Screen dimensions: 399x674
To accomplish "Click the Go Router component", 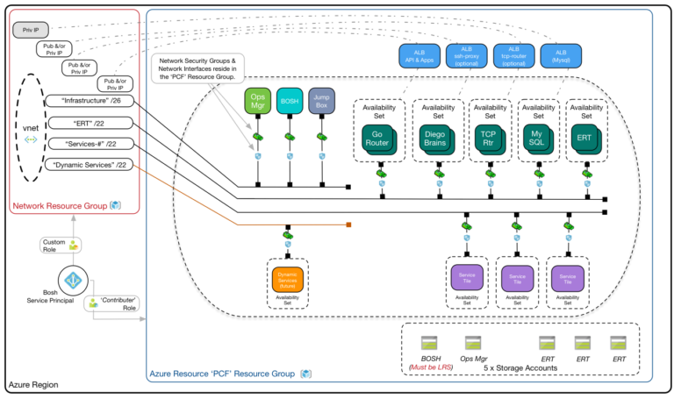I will (377, 138).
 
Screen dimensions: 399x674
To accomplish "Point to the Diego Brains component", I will (434, 138).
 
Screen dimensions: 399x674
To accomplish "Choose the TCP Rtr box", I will (487, 138).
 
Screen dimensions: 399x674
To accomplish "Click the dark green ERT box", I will (584, 138).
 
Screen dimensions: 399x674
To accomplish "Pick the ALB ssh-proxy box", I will (466, 57).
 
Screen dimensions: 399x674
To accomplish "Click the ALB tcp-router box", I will (513, 57).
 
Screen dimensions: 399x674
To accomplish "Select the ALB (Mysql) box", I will (560, 57).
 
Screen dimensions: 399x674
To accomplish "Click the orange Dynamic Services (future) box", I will (287, 279).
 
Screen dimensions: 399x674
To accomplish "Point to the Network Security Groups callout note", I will (198, 68).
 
